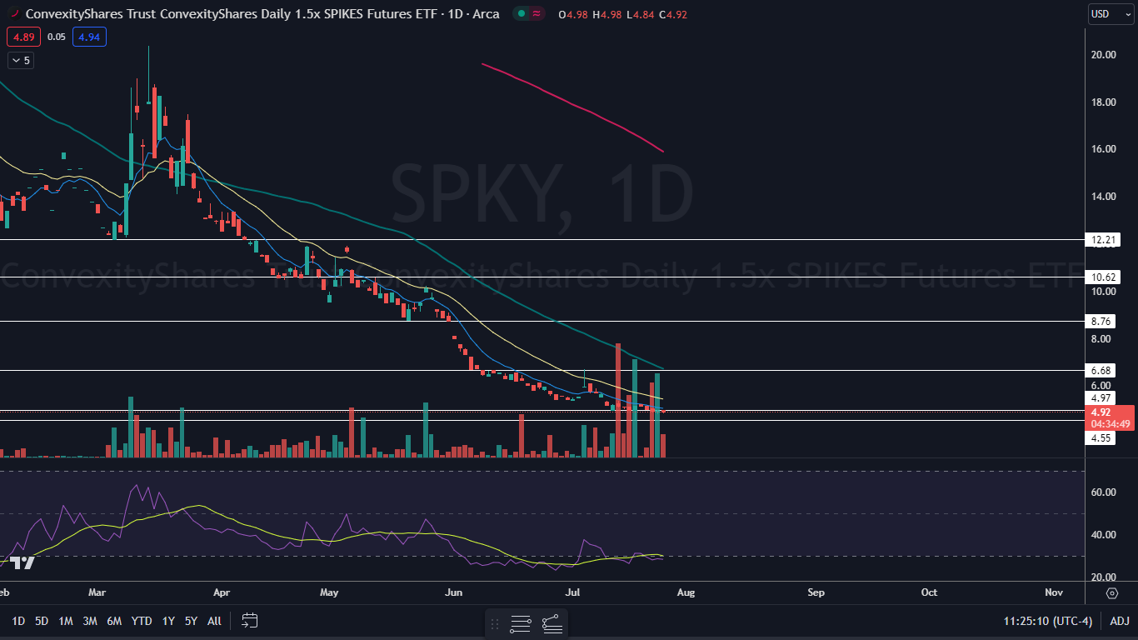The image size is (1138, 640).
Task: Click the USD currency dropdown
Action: tap(1111, 14)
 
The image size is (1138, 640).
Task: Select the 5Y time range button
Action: tap(191, 621)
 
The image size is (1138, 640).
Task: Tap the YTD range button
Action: tap(142, 621)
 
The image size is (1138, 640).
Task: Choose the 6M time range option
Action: tap(114, 621)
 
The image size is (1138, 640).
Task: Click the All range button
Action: tap(214, 621)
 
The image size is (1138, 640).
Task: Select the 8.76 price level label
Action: tap(1102, 322)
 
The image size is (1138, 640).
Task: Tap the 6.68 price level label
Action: tap(1102, 370)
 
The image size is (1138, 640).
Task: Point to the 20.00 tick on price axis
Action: tap(1104, 55)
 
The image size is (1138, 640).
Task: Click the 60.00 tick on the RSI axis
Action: tap(1104, 492)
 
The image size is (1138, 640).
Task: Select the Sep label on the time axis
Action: tap(816, 592)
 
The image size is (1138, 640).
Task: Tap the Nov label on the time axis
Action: tap(1054, 592)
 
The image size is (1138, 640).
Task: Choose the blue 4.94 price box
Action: tap(88, 37)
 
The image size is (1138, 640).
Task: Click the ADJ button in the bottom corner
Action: tap(1120, 621)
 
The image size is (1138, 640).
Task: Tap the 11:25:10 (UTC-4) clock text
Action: tap(1047, 621)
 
